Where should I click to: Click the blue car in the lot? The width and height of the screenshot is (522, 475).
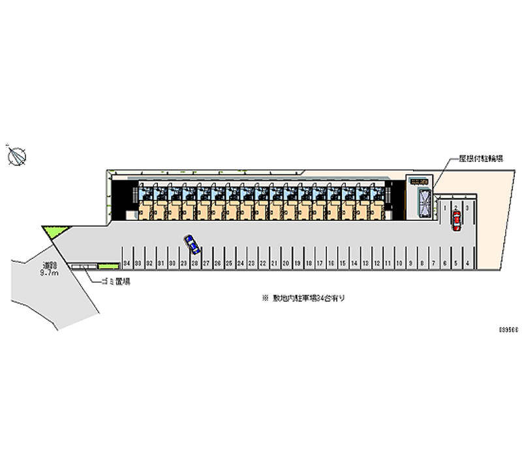(x=192, y=244)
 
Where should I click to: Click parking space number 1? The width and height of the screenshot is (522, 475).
(x=444, y=208)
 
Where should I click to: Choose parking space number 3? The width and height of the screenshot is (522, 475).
(x=467, y=208)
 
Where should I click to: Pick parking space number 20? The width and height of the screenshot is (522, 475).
(x=286, y=263)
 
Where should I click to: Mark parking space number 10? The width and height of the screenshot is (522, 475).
(x=399, y=263)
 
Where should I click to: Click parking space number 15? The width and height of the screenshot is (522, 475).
(x=343, y=263)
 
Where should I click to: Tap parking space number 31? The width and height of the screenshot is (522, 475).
(x=161, y=263)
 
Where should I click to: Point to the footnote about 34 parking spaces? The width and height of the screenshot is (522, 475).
(x=303, y=297)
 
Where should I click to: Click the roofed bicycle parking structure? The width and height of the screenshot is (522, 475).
(x=418, y=200)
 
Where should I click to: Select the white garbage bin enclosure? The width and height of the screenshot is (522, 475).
(x=84, y=266)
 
